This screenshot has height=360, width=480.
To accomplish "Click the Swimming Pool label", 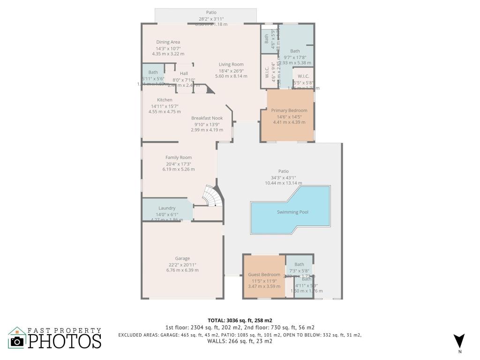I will point(293,212).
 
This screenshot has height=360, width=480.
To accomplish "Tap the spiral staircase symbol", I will point(210,196).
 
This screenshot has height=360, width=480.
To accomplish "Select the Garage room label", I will point(182,258).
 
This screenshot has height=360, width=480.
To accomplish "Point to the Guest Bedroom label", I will point(264,275).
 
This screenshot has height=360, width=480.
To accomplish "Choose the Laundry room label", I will point(167,208).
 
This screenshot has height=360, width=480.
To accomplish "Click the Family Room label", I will point(179,157).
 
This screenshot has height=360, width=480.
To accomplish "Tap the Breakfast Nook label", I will point(207,118).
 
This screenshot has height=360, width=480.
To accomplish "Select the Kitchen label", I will point(165,100).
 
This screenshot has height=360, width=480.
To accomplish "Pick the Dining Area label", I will point(168,42).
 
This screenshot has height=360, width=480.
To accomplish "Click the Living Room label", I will point(231,64).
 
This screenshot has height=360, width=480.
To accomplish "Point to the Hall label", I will point(184,74).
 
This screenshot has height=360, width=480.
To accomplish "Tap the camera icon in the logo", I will point(17,341).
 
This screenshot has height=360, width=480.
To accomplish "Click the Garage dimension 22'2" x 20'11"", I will point(182,264).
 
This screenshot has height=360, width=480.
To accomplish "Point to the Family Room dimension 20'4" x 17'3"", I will point(179,164).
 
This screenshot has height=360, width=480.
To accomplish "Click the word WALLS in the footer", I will point(218,341).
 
